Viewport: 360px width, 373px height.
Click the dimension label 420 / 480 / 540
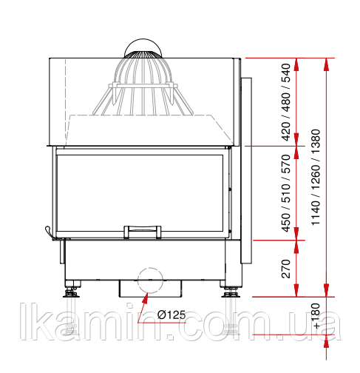click(x=286, y=102)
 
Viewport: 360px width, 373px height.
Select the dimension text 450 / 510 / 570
click(x=286, y=193)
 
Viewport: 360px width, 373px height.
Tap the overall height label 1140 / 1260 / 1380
click(x=316, y=177)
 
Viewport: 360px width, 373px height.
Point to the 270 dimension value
click(x=286, y=269)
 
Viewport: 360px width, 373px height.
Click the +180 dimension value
click(x=316, y=316)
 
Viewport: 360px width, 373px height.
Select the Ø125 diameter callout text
click(x=171, y=315)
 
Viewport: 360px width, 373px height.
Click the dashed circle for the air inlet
click(x=150, y=268)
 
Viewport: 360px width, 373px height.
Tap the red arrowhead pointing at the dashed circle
click(x=146, y=298)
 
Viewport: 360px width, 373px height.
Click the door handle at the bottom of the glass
click(x=143, y=232)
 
